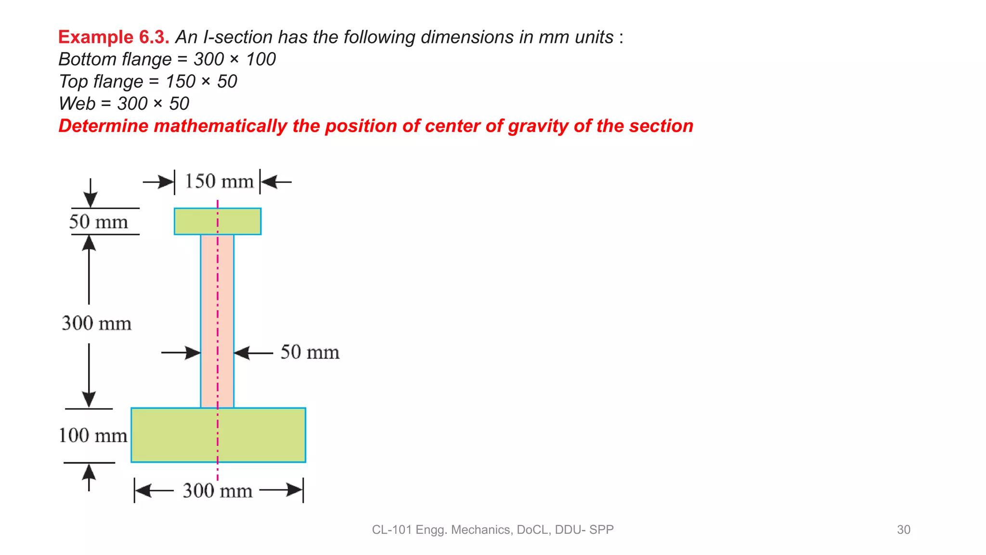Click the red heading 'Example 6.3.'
tap(113, 37)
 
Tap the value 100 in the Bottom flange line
tap(260, 59)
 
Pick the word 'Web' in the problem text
tap(77, 104)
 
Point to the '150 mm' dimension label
tap(219, 182)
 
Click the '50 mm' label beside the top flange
tap(99, 222)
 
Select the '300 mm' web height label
tap(96, 323)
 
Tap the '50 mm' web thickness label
tap(310, 352)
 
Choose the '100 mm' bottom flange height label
tap(93, 436)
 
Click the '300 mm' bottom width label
tap(218, 491)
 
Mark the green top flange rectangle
tap(193, 222)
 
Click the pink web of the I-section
tap(209, 318)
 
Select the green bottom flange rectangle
tap(260, 435)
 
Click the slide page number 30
tap(903, 529)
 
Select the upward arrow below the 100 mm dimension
tap(89, 477)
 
